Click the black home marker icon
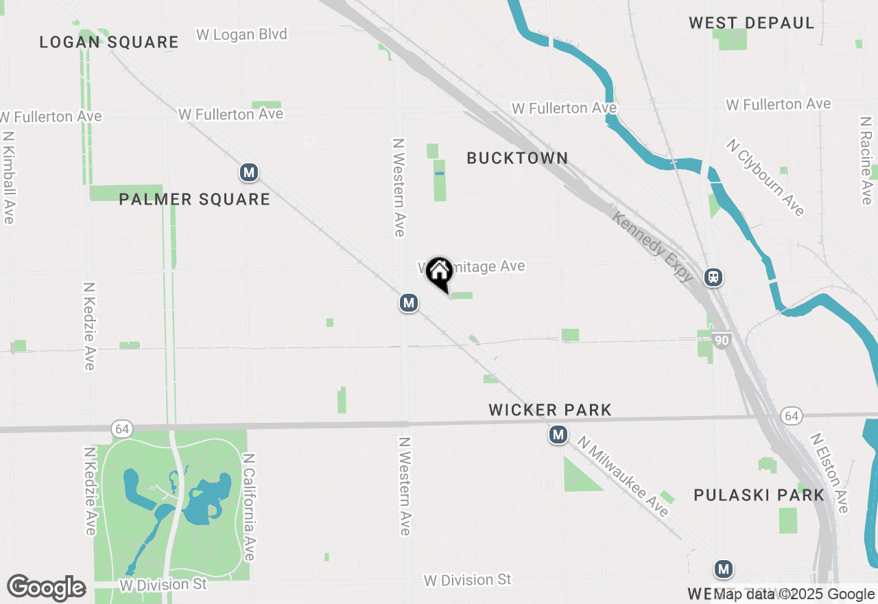(x=439, y=272)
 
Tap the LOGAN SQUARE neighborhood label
(x=109, y=42)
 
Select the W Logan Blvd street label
(x=241, y=34)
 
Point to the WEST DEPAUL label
(x=752, y=23)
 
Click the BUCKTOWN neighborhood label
(x=517, y=158)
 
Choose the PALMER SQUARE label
(x=195, y=199)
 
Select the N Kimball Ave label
(x=8, y=177)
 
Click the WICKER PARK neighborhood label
(x=550, y=410)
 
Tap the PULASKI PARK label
(x=759, y=495)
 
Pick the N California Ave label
(x=250, y=507)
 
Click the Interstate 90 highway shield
(x=721, y=340)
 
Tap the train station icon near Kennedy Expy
(x=713, y=277)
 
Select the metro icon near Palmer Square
(x=249, y=172)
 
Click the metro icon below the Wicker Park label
(x=558, y=434)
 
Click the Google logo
(x=46, y=588)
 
